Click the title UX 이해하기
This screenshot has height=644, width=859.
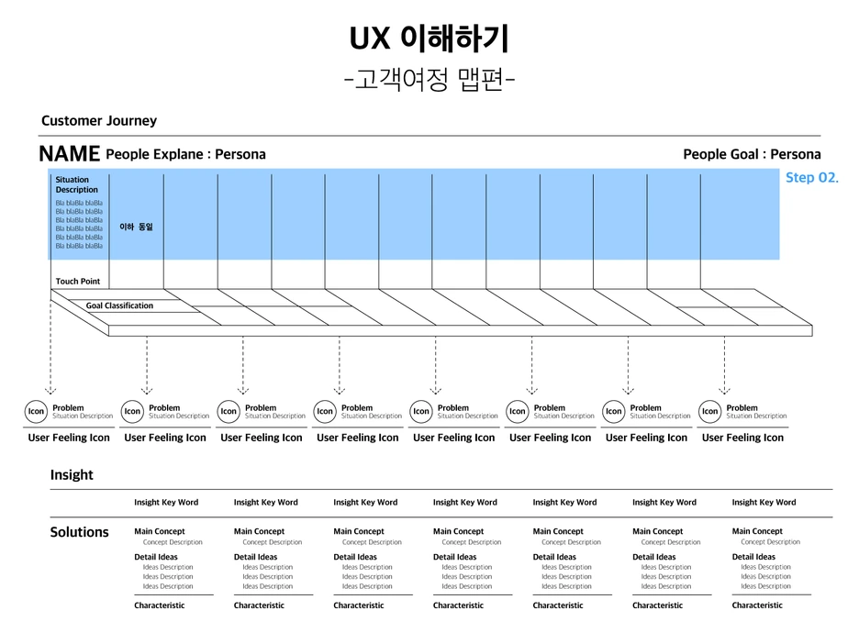429,39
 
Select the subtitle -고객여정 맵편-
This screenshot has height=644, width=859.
429,81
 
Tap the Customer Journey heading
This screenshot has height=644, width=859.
99,121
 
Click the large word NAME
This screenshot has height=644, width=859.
69,154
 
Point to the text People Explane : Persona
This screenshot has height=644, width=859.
185,154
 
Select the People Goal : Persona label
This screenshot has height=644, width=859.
752,154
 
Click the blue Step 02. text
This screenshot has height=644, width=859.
811,178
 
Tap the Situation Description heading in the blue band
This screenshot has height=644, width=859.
77,184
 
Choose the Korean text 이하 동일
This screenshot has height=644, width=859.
136,226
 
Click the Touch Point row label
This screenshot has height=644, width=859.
78,282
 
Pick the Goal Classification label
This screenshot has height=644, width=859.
119,305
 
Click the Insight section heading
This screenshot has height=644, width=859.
72,474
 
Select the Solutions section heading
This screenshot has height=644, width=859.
79,532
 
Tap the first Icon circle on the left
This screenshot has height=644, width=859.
36,412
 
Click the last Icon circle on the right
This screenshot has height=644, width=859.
709,412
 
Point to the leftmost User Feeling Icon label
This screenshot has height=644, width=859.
69,438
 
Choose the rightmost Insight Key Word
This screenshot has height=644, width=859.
764,503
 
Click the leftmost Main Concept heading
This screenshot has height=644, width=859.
159,531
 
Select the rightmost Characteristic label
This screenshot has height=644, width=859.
757,605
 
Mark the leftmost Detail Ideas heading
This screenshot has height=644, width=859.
156,557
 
